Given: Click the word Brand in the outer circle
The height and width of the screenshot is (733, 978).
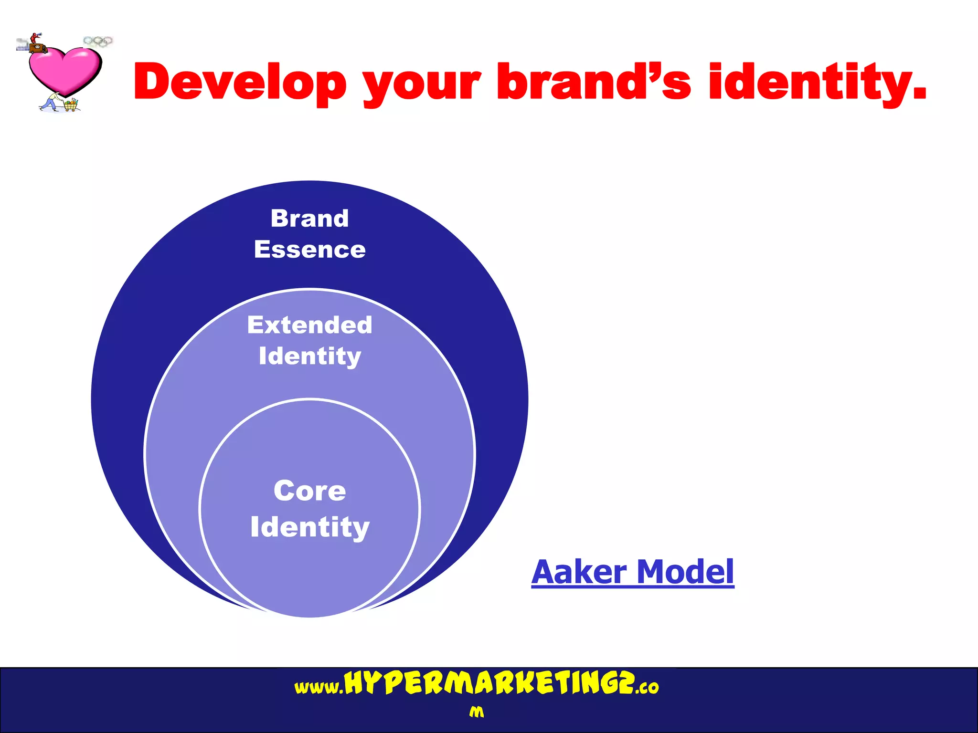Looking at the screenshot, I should point(309,219).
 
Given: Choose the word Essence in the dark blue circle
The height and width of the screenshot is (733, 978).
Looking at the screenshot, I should point(309,250).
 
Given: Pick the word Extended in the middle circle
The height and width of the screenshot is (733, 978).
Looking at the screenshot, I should point(309,325).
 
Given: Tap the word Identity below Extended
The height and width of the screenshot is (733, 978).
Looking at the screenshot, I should point(309,356).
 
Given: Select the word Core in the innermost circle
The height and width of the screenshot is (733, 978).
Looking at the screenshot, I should point(309,491).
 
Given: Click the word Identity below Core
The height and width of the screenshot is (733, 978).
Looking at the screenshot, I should point(309,527).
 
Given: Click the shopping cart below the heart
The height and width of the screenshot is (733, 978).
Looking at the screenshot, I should point(70,105).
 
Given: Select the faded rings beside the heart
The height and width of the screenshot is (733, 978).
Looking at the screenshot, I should point(98,42).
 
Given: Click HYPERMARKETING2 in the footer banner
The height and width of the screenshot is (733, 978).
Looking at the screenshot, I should point(490,683).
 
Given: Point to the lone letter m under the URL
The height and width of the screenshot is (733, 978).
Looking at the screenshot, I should point(476,712).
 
